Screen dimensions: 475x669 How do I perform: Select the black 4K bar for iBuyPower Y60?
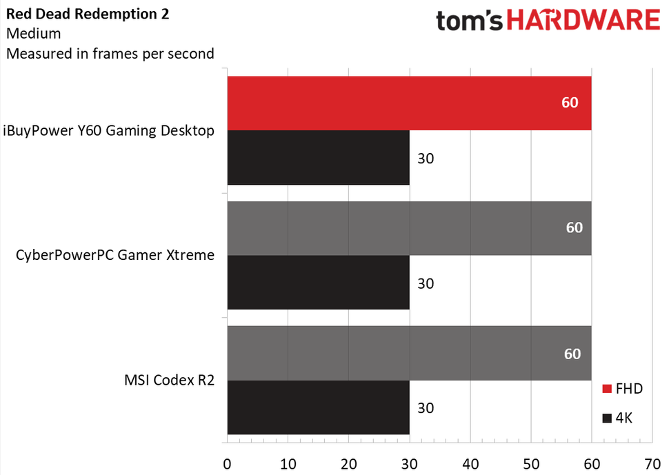[317, 158]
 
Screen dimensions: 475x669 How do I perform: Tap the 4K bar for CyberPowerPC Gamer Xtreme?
[317, 283]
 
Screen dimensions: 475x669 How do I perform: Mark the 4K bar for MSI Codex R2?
[317, 407]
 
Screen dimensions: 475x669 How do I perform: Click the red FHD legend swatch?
[607, 390]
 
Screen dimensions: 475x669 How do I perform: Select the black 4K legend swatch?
[607, 418]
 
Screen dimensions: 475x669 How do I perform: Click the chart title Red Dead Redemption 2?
[88, 12]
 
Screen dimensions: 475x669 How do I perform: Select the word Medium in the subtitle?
[33, 32]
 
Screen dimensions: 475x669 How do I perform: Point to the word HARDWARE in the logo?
[584, 21]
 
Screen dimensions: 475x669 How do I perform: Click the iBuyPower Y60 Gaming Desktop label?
[108, 130]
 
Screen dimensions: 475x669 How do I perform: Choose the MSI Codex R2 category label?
[169, 380]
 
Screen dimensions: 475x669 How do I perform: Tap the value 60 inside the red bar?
[570, 103]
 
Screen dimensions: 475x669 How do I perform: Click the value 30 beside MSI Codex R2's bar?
[426, 407]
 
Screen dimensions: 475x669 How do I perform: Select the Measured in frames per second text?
[110, 53]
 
